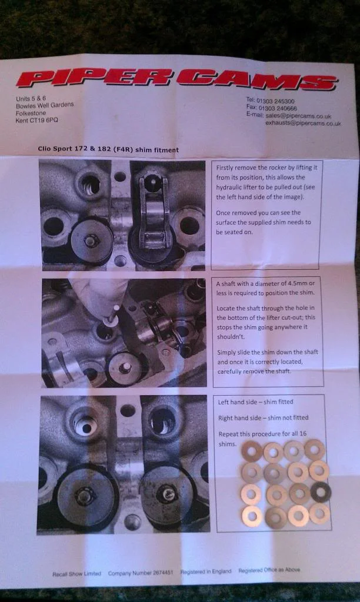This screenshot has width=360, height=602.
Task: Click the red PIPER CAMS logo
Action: click(176, 79)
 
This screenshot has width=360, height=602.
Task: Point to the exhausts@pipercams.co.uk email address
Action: click(303, 123)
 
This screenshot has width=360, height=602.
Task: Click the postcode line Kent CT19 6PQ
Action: click(37, 120)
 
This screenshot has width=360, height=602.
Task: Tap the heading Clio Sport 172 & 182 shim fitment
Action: click(108, 149)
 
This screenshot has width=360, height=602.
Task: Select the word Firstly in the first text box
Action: click(225, 168)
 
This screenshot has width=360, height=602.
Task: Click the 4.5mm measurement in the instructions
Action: click(298, 283)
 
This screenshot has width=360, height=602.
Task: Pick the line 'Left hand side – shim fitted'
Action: click(255, 402)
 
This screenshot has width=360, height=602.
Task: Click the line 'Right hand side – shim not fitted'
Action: click(263, 418)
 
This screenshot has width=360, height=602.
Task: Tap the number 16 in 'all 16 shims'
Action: click(303, 433)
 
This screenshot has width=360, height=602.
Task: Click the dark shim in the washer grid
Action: click(321, 492)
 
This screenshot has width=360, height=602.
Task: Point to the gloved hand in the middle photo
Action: click(98, 295)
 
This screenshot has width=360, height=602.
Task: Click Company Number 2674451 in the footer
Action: click(141, 573)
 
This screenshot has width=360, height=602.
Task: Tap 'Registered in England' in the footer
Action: click(206, 571)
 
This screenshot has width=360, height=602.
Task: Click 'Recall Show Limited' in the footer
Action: click(77, 574)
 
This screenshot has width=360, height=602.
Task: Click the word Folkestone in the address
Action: click(31, 113)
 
